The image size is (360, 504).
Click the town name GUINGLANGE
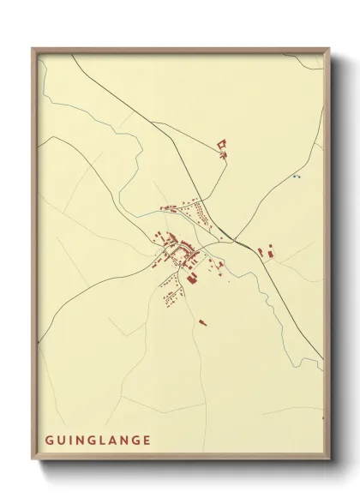click(x=98, y=441)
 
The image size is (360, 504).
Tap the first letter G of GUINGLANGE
click(x=49, y=441)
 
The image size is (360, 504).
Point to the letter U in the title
click(x=62, y=441)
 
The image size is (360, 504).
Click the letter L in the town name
click(x=106, y=441)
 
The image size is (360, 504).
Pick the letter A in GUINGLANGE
click(x=117, y=441)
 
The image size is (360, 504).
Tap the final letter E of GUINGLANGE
click(x=147, y=441)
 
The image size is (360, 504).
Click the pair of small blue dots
click(x=297, y=177)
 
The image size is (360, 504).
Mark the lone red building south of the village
click(x=202, y=322)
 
